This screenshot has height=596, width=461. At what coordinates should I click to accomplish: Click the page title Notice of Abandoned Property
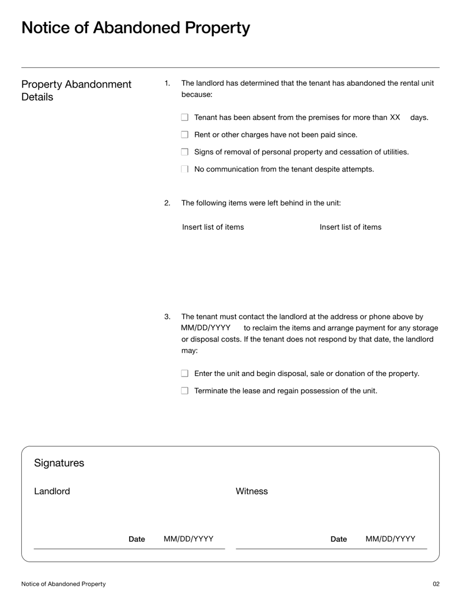coord(135,28)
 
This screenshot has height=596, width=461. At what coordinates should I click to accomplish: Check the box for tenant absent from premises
coord(185,117)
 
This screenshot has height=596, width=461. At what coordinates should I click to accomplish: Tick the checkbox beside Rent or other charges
coord(185,135)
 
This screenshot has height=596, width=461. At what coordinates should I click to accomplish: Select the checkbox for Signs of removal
coord(185,152)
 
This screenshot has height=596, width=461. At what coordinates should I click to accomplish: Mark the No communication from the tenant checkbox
coord(185,169)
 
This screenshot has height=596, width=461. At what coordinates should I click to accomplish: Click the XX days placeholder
coord(395,117)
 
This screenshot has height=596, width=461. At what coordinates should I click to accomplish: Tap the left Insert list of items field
coord(213,227)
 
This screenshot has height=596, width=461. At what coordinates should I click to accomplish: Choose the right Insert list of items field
coord(350,227)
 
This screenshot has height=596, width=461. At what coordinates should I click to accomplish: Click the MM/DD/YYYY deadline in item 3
coord(206,328)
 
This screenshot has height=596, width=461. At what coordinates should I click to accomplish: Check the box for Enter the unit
coord(185,374)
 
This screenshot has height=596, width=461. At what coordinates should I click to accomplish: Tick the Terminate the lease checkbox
coord(185,391)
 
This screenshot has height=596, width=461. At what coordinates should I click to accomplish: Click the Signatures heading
coord(59,463)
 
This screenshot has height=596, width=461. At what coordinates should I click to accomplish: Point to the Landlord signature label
coord(52,491)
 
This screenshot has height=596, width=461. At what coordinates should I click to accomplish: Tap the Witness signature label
coord(252,491)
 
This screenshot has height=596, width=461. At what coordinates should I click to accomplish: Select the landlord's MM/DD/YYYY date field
coord(188,539)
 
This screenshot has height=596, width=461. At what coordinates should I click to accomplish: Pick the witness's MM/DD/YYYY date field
coord(390,539)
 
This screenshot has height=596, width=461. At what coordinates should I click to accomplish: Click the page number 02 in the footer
coord(436,584)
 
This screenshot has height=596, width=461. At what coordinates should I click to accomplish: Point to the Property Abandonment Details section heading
coord(76,90)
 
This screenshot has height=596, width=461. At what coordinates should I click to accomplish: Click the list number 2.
coord(167,203)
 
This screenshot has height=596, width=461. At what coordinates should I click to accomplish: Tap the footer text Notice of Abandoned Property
coord(63,584)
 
